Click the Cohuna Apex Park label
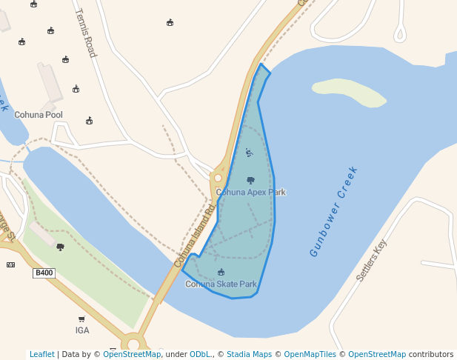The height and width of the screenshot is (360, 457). click(250, 193)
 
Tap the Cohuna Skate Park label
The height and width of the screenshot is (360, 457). click(221, 284)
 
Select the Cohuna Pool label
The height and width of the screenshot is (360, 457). click(39, 115)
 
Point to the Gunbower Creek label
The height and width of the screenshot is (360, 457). click(334, 211)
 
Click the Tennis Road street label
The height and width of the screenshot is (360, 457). click(86, 33)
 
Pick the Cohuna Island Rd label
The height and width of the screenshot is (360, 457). click(194, 236)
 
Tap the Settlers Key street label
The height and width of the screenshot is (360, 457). click(371, 261)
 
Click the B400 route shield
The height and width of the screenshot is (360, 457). click(44, 273)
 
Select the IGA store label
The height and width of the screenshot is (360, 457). click(81, 330)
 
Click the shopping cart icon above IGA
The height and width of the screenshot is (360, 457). click(81, 319)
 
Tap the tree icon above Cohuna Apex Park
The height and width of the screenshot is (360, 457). click(250, 180)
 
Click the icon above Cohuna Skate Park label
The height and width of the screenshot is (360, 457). click(221, 273)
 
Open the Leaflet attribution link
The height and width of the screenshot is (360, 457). click(41, 355)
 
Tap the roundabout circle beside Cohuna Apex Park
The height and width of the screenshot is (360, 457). click(218, 178)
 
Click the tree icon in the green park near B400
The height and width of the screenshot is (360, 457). click(60, 247)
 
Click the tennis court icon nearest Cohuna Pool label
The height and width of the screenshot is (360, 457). click(89, 120)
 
